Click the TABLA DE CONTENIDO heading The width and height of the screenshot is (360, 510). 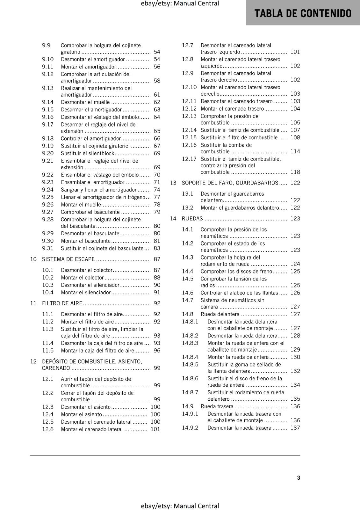(x=303, y=13)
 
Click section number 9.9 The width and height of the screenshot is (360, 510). (x=46, y=46)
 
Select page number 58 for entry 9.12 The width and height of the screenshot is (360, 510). (x=157, y=81)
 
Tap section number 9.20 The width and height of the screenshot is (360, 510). (x=48, y=153)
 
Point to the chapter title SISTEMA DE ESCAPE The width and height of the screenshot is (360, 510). (x=68, y=259)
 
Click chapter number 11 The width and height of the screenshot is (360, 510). (x=33, y=303)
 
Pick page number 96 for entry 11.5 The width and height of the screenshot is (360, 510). (x=157, y=351)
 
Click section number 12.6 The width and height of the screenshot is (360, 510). (x=48, y=429)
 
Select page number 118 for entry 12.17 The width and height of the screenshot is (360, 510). (x=295, y=172)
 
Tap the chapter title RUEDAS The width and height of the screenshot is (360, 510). (x=192, y=219)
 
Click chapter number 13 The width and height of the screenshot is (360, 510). (x=173, y=183)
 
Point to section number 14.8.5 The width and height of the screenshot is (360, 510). (x=190, y=365)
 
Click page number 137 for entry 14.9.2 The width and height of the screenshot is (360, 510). (x=295, y=428)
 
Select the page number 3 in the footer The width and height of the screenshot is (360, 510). (x=299, y=478)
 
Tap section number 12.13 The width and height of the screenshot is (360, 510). (x=189, y=116)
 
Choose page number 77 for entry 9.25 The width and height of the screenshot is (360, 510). (x=157, y=197)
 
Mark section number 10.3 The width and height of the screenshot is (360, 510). (x=48, y=285)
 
